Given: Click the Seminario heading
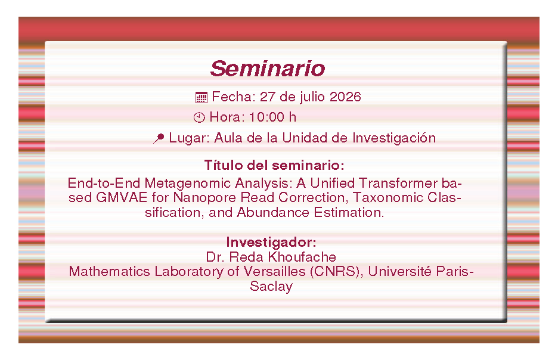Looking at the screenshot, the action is pyautogui.click(x=268, y=69).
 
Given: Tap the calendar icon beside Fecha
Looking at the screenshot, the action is pyautogui.click(x=201, y=97).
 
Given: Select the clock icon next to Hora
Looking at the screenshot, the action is pyautogui.click(x=199, y=117).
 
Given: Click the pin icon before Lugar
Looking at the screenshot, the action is pyautogui.click(x=159, y=138).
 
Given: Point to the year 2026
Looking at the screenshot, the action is pyautogui.click(x=345, y=97).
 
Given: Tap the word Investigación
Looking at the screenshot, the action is pyautogui.click(x=394, y=138).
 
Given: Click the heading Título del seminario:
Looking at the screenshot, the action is pyautogui.click(x=274, y=165).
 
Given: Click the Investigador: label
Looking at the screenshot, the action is pyautogui.click(x=271, y=242).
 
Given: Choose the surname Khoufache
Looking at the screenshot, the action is pyautogui.click(x=302, y=257).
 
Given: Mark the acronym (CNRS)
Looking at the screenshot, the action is pyautogui.click(x=337, y=272).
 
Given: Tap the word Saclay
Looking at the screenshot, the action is pyautogui.click(x=271, y=287).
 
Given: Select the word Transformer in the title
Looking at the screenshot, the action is pyautogui.click(x=398, y=183).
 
